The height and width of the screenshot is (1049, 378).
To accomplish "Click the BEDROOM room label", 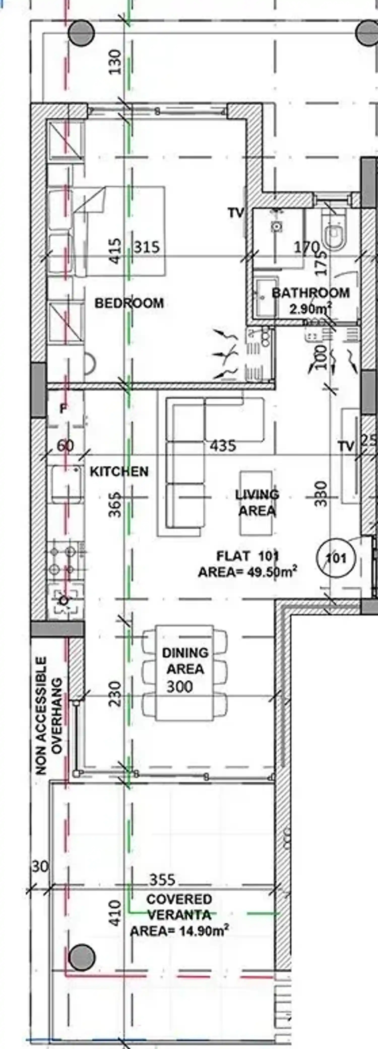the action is coord(129,303).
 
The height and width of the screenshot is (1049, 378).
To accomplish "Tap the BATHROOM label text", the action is coord(310,293).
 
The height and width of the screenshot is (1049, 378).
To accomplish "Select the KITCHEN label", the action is coord(119,472).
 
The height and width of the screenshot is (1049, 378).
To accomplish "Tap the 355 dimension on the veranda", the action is coord(162,880).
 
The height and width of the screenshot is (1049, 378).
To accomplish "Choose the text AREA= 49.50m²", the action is coord(247,572).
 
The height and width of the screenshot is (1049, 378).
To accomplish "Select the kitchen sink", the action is coord(65,484).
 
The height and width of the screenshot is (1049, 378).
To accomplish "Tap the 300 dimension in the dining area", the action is coord(179,687).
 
